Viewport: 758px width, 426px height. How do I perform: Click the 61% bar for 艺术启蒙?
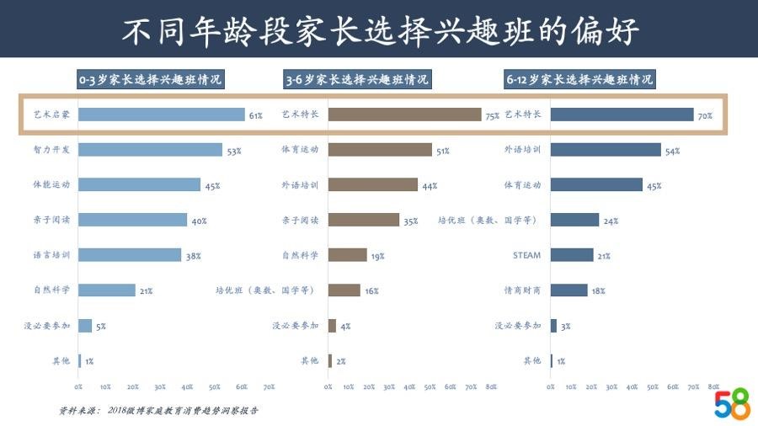coord(162,114)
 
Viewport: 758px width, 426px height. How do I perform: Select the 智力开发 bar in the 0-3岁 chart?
coord(151,150)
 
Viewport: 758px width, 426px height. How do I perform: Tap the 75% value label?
coord(492,116)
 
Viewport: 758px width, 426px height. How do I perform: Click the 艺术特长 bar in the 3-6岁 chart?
coord(404,114)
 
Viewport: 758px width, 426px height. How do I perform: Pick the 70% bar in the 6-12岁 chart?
coord(622,114)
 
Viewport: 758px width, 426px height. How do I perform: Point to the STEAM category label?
coord(526,255)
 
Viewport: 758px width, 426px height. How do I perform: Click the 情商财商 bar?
coord(569,290)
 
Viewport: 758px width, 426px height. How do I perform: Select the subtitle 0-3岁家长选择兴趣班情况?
coord(151,80)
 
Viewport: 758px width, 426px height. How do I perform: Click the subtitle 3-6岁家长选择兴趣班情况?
coord(357,80)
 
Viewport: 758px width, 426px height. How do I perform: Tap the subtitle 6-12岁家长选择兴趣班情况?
coord(579,80)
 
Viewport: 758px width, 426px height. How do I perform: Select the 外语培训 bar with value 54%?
coord(606,150)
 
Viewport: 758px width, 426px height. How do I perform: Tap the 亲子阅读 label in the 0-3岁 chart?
coord(52,221)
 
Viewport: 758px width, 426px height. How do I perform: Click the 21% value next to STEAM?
coord(604,256)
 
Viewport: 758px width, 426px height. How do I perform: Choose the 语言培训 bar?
coord(131,255)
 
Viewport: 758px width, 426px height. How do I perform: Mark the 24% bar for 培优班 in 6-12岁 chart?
coord(575,220)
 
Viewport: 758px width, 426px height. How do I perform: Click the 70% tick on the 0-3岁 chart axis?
coord(269,386)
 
